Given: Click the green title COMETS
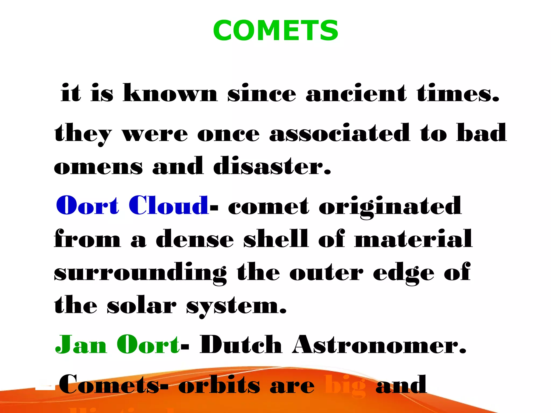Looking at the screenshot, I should (x=275, y=31).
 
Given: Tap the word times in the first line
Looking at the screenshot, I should (x=457, y=93).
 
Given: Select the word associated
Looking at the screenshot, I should (x=340, y=133).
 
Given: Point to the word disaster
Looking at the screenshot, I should (x=272, y=166).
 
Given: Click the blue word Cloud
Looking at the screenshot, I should (x=168, y=206).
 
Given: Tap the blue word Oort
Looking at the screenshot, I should (x=87, y=206).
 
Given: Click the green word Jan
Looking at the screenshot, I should (x=81, y=345).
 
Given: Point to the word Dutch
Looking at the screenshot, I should (x=241, y=345).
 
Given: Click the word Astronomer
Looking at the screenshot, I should (x=379, y=345).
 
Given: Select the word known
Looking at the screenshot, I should (x=170, y=93).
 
